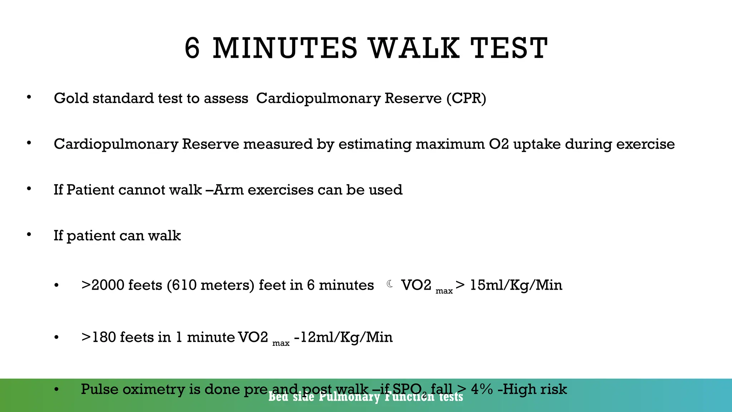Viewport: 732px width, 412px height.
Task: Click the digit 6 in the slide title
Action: coord(192,48)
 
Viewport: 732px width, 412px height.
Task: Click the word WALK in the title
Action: coord(414,48)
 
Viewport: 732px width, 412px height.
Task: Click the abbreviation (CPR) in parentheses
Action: coord(466,98)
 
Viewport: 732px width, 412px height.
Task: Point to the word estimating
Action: coord(375,144)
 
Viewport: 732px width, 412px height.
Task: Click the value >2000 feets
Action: coord(122,285)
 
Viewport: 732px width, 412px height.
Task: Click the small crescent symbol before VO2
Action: coord(390,284)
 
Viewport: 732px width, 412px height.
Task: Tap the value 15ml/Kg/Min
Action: coord(516,285)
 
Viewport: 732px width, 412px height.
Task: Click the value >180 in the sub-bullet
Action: coord(99,337)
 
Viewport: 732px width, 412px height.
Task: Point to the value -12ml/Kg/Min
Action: coord(343,337)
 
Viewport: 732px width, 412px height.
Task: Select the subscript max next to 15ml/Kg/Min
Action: coord(444,291)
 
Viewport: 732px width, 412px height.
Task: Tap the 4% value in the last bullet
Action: coord(482,389)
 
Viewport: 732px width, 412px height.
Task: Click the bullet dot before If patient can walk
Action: coord(29,235)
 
